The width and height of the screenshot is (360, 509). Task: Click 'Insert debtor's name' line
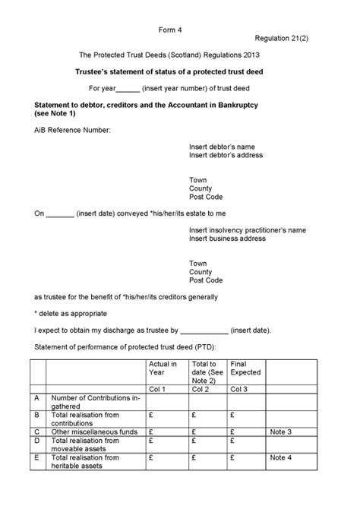(222, 146)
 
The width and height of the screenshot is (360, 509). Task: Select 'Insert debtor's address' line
(226, 155)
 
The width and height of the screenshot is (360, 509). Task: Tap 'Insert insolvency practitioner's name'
(248, 229)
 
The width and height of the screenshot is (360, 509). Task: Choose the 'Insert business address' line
(227, 239)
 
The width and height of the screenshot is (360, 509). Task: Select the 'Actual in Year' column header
(163, 368)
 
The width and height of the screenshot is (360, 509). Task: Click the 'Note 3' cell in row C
(280, 432)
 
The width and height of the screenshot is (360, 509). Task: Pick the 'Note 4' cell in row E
(280, 457)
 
